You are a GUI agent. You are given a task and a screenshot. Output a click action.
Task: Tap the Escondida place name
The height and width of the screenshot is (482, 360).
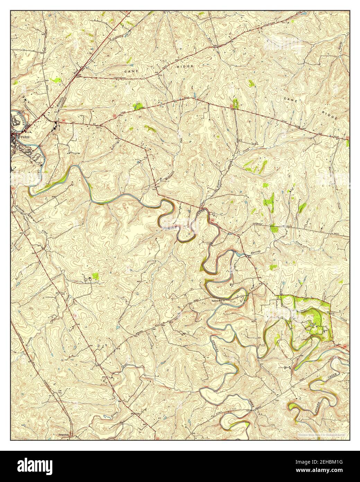(64, 434)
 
